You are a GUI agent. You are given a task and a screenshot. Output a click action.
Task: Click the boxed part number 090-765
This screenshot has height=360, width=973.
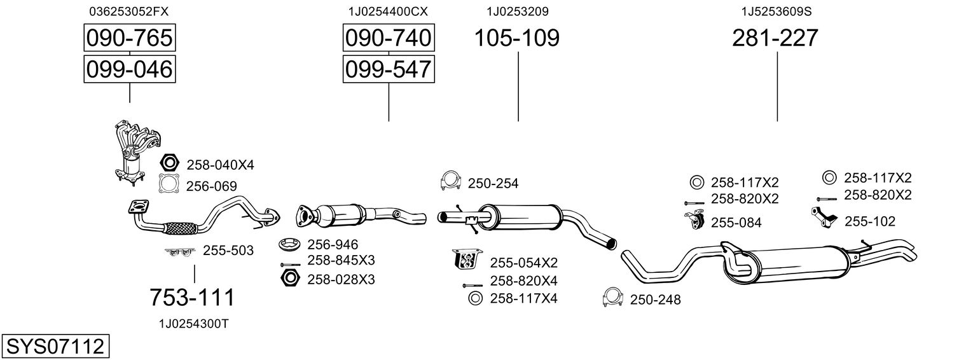129,39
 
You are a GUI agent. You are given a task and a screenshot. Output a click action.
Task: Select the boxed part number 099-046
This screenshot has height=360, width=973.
129,69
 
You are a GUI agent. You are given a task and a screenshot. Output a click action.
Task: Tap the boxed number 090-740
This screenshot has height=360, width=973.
388,39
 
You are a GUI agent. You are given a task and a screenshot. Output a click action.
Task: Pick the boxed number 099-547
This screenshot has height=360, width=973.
388,69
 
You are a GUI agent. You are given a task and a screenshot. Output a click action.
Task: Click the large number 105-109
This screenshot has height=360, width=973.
517,39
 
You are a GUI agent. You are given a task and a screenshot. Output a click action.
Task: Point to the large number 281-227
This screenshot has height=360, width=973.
775,39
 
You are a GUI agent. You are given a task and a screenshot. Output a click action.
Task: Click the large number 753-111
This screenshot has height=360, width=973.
192,297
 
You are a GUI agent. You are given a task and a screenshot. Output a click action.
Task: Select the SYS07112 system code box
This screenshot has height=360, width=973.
55,347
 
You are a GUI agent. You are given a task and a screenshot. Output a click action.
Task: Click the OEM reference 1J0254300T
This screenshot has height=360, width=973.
193,324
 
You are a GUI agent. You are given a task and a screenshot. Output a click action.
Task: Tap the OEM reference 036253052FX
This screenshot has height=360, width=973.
129,11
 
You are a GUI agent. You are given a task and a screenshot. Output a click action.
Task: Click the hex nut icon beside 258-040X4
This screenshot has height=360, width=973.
170,164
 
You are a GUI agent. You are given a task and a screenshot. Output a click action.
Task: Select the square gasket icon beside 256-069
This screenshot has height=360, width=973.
169,184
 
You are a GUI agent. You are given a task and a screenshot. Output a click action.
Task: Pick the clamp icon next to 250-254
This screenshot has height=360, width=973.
450,182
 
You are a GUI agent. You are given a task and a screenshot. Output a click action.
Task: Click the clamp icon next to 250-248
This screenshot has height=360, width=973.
612,298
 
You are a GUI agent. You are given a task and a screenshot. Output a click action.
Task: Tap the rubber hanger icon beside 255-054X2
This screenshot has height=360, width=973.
466,260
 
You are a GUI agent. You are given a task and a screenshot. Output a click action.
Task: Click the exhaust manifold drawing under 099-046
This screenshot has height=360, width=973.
135,150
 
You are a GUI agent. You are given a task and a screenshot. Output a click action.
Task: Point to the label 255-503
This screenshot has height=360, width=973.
228,251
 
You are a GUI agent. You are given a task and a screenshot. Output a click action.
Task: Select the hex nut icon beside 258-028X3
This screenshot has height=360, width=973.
290,279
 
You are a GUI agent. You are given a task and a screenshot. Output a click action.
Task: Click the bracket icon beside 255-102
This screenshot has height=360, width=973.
825,218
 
